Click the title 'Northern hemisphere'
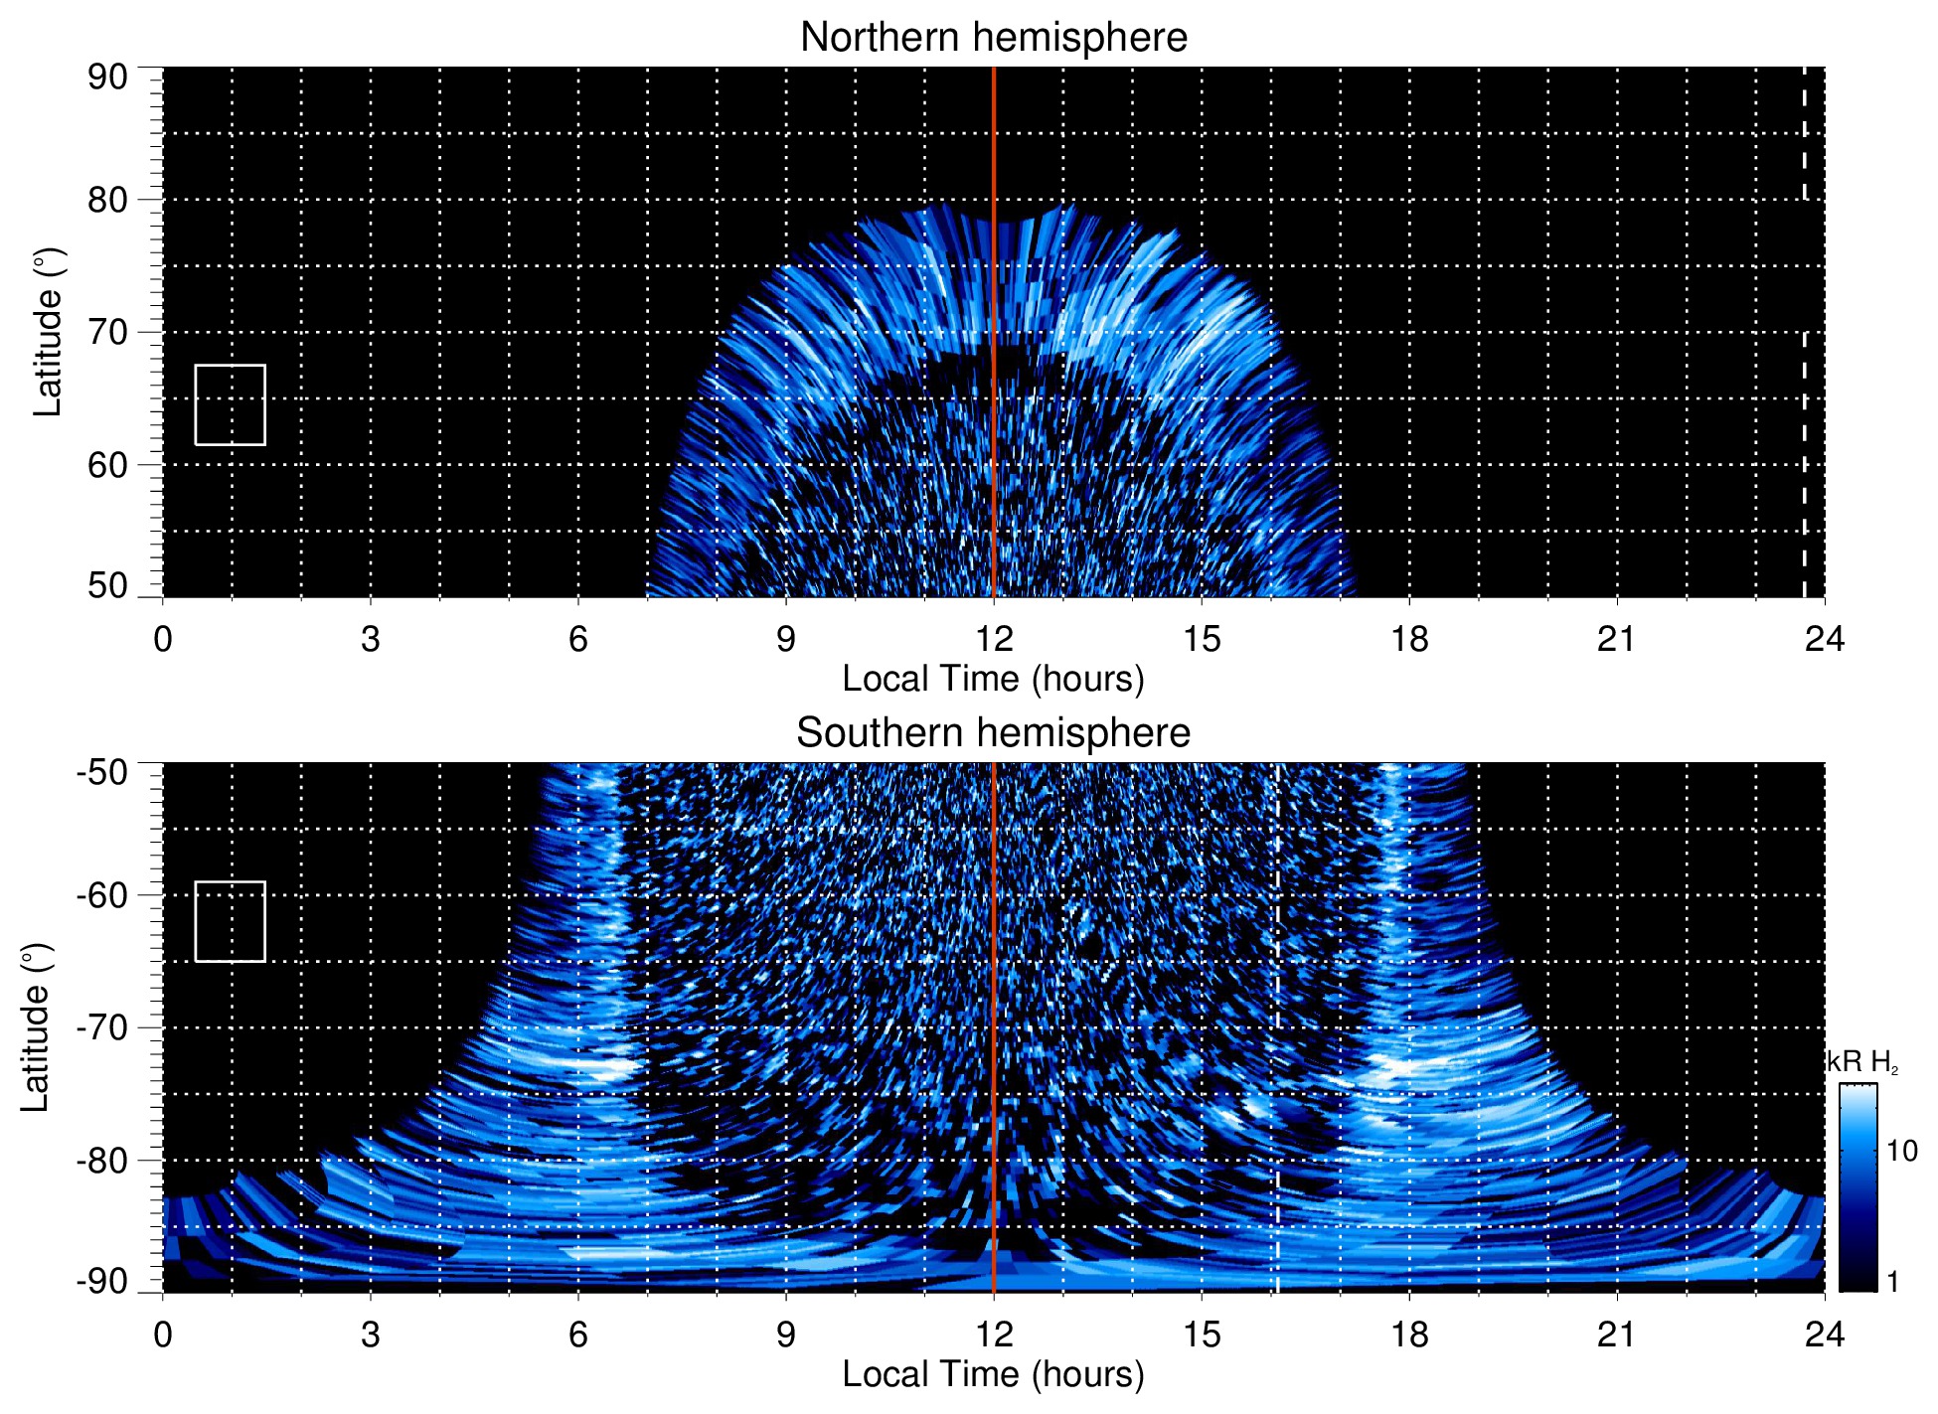coord(993,38)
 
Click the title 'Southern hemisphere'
coord(993,733)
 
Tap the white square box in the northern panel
coord(230,404)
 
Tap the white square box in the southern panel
coord(230,921)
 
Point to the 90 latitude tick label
coord(107,78)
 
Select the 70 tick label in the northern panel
coord(107,332)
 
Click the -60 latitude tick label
coord(102,895)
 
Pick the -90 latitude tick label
coord(102,1282)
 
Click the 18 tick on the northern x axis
coord(1409,639)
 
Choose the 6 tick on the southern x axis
coord(578,1335)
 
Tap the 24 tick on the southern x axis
coord(1824,1335)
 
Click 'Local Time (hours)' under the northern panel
coord(993,680)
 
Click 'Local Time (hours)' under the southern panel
coord(993,1375)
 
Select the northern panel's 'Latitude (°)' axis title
coord(48,332)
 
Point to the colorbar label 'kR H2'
coord(1862,1062)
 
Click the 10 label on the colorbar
coord(1901,1152)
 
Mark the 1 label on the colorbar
coord(1892,1282)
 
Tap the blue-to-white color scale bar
coord(1857,1187)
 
